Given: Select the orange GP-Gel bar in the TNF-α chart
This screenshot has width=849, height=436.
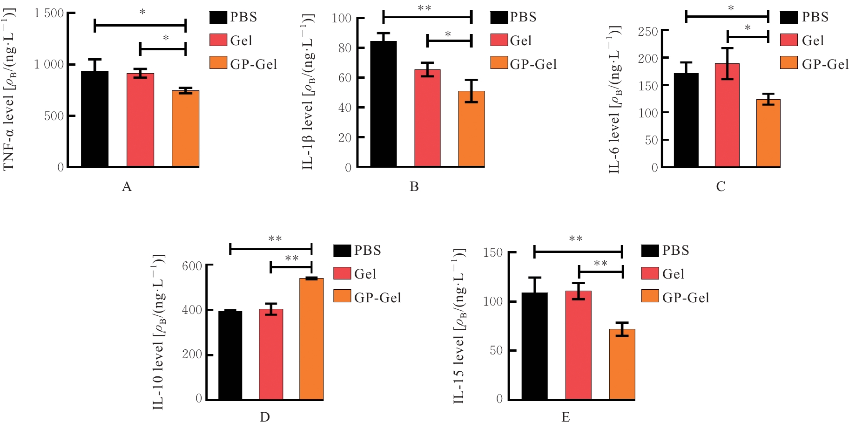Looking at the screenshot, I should click(185, 129).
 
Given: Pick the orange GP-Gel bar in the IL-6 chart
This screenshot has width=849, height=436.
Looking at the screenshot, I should click(768, 133).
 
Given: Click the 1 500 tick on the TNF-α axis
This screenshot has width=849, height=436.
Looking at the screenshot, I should click(49, 13).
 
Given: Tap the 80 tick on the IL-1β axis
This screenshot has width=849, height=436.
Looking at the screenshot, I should click(345, 48).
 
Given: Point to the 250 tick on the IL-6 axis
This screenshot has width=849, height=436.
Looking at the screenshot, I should click(648, 32).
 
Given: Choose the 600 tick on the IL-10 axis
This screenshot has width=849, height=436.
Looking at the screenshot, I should click(192, 266).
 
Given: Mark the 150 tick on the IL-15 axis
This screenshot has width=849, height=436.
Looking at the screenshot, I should click(493, 252).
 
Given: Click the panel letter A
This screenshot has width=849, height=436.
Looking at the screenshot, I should click(127, 187).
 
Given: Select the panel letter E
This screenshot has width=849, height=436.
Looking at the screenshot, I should click(566, 417).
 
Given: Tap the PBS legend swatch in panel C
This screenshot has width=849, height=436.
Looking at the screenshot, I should click(789, 17).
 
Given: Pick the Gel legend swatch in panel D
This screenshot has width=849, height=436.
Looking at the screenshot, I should click(342, 273).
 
